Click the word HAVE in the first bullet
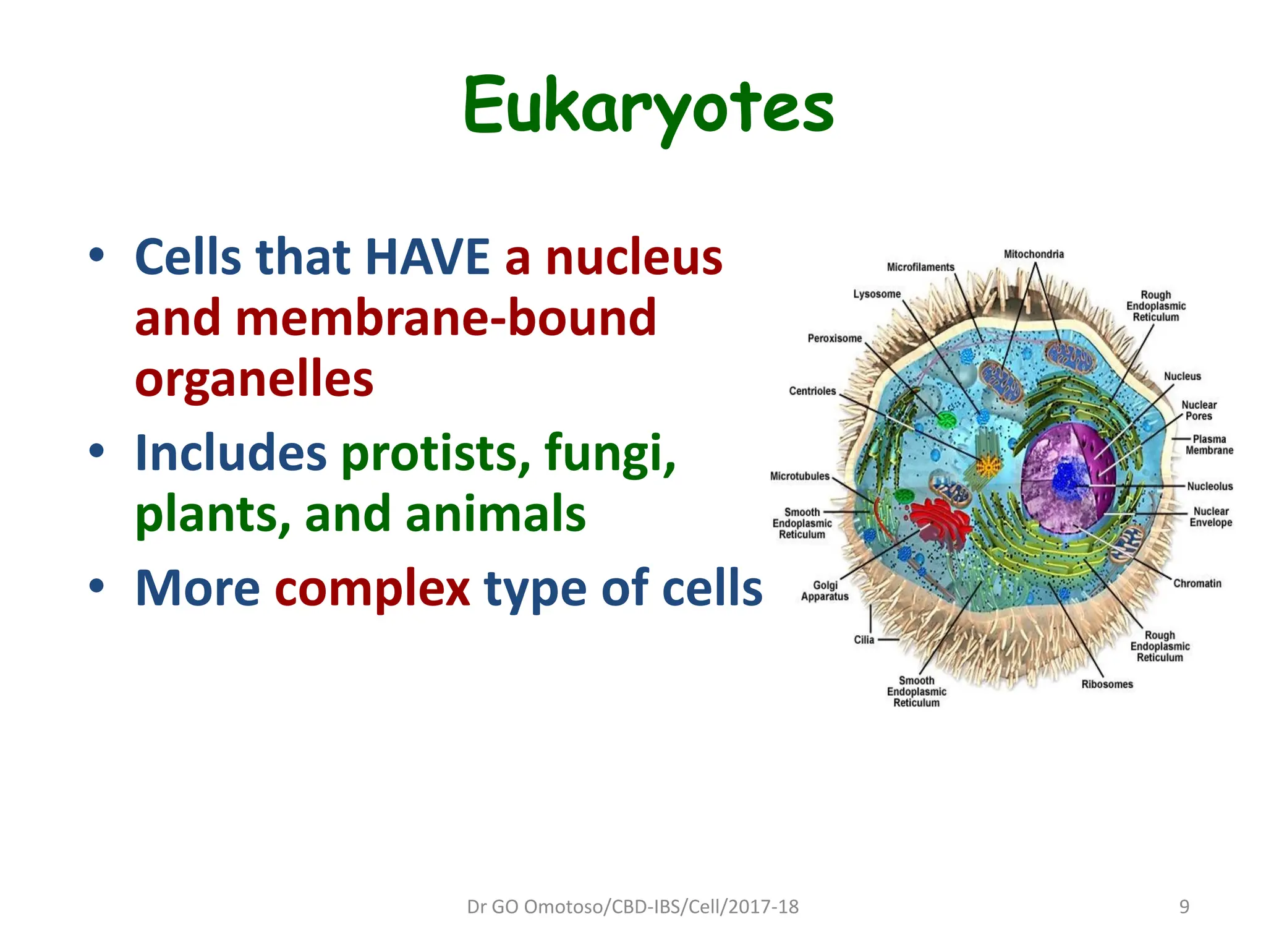click(x=428, y=257)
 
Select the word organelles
click(x=254, y=379)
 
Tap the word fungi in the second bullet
click(x=610, y=453)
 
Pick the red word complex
click(x=372, y=588)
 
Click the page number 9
click(x=1184, y=907)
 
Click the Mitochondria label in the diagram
click(x=1034, y=254)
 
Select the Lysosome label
click(x=877, y=294)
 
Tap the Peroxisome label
click(x=834, y=338)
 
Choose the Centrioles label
click(x=812, y=391)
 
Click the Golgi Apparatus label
click(x=825, y=591)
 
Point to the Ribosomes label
click(x=1107, y=684)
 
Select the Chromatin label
click(x=1197, y=583)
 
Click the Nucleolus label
click(x=1209, y=486)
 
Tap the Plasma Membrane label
click(x=1209, y=445)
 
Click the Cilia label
click(x=864, y=640)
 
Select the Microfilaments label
click(x=920, y=267)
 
